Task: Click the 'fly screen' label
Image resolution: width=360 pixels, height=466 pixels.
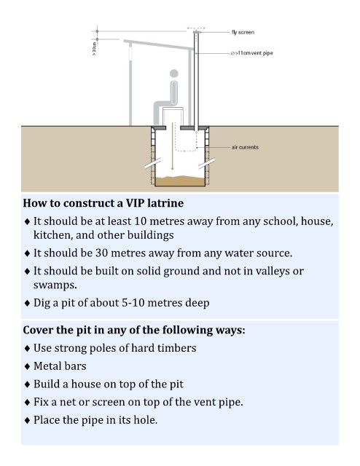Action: [x=243, y=32]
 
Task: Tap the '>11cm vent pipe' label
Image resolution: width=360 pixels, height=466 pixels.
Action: [x=251, y=53]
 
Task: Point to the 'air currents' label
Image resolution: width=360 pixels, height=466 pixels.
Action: [x=245, y=147]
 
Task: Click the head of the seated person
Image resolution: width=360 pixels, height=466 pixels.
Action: [x=174, y=73]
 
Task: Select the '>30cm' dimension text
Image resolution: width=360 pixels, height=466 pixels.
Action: [x=94, y=49]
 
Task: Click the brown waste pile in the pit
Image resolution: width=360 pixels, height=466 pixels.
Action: [x=180, y=181]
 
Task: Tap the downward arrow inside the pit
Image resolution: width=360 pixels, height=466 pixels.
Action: [x=172, y=146]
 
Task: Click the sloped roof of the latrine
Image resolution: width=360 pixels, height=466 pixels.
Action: [x=159, y=44]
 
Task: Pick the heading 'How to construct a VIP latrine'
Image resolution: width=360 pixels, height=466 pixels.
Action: [x=103, y=203]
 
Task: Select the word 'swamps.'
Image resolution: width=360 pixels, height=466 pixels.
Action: [x=55, y=285]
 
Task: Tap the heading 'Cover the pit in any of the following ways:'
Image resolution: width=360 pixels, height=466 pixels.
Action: [x=134, y=330]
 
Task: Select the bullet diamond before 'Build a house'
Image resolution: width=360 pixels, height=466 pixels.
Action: [x=28, y=384]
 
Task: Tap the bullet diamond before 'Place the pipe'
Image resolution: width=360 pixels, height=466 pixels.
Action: [x=28, y=420]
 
